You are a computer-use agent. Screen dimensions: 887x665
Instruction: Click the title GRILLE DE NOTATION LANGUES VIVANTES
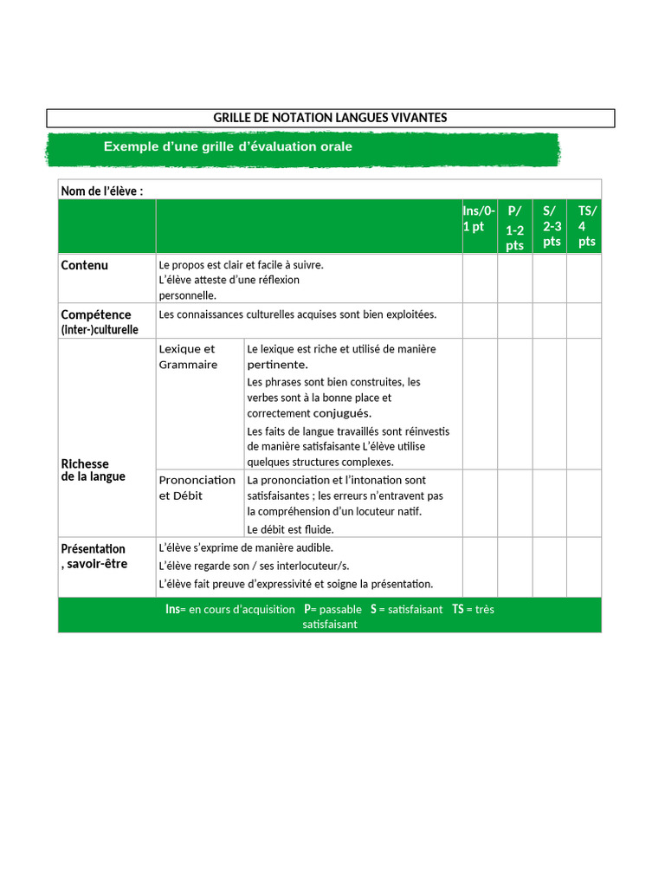(x=330, y=118)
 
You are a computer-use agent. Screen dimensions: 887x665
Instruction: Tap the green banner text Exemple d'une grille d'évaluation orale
(x=228, y=146)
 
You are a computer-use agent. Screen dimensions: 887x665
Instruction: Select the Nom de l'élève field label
(x=101, y=191)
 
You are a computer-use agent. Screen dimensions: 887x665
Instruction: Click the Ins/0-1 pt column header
(x=479, y=219)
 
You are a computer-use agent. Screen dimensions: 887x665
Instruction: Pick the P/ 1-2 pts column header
(x=514, y=228)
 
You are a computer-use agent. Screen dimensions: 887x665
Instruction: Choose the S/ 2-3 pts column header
(x=551, y=226)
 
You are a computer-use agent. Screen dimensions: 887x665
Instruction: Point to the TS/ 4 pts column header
(x=587, y=226)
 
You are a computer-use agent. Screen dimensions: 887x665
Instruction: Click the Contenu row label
(x=85, y=265)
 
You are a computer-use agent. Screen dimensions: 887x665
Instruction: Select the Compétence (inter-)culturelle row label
(x=99, y=321)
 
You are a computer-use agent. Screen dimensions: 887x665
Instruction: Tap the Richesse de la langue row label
(x=93, y=470)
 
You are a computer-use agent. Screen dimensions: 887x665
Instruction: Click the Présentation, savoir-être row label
(x=94, y=556)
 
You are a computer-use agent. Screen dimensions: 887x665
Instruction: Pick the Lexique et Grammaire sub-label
(x=188, y=357)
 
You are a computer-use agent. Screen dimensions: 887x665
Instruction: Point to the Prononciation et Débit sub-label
(x=197, y=488)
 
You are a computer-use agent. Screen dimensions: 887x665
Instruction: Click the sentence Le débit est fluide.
(x=290, y=529)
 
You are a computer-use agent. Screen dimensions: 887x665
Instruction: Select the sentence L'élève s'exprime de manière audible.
(x=246, y=547)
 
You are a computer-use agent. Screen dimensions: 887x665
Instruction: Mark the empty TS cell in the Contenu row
(x=584, y=278)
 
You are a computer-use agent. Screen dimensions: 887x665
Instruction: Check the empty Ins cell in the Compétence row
(x=479, y=320)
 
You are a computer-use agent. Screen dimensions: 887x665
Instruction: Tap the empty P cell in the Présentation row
(x=514, y=567)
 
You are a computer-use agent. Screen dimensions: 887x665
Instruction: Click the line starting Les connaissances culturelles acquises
(x=298, y=314)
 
